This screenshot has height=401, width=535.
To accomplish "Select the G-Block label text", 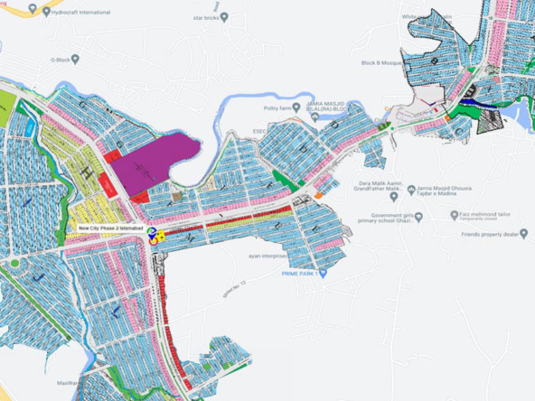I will (59, 60).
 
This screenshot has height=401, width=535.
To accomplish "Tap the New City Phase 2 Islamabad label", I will (110, 229).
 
